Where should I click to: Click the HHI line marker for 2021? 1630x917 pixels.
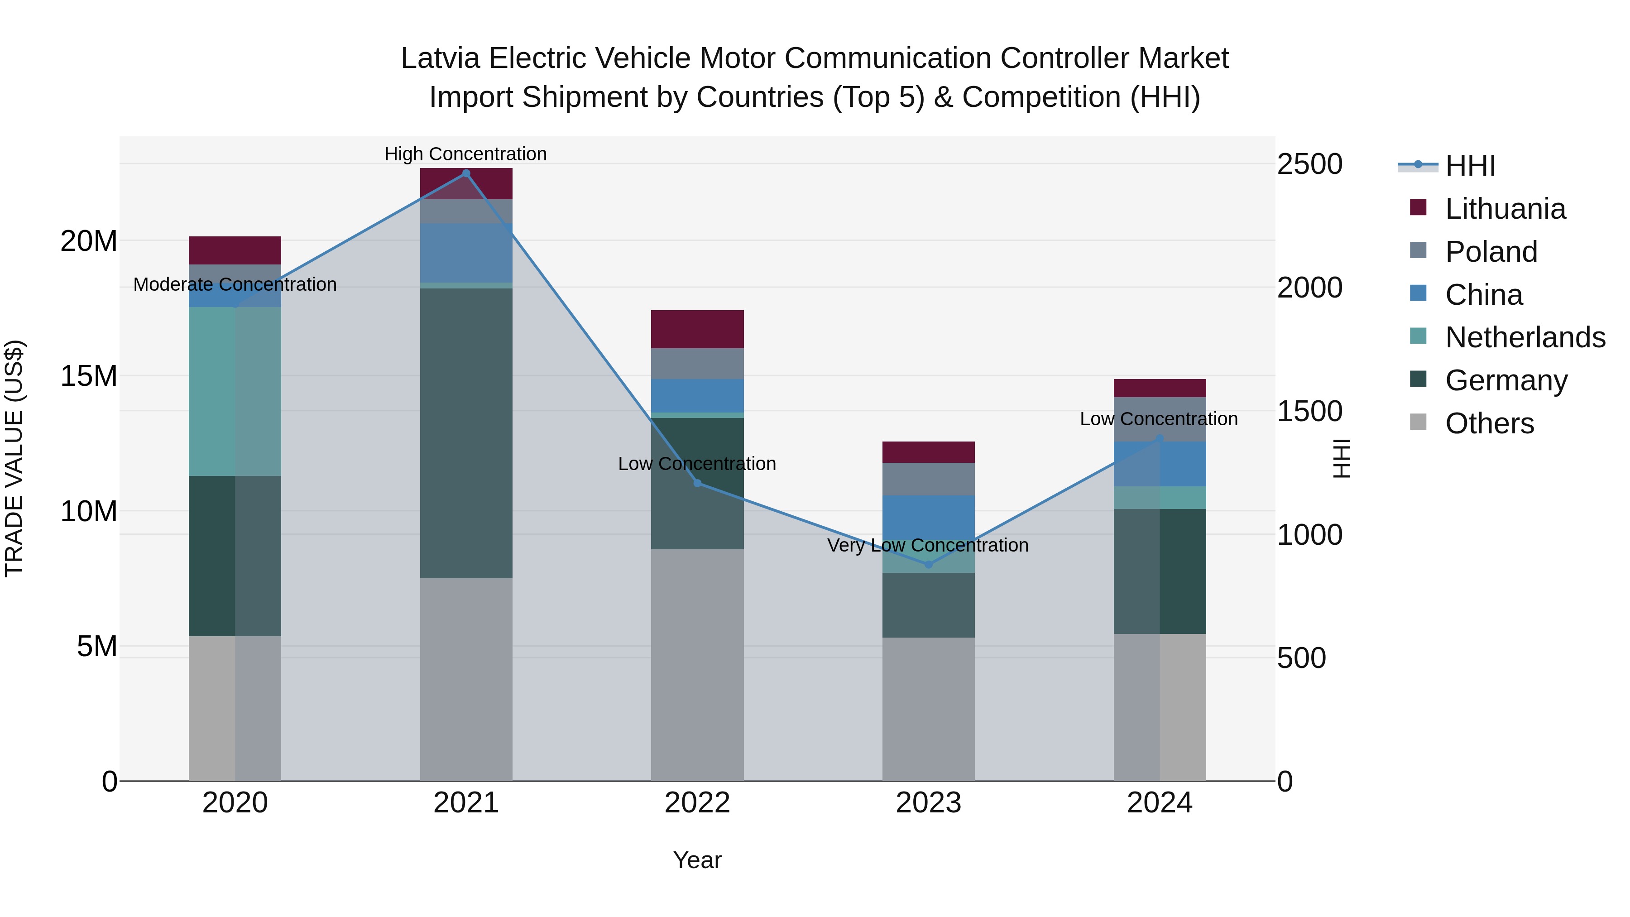pos(466,173)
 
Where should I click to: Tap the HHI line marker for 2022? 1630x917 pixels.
pos(697,483)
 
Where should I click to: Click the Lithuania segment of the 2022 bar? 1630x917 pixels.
pos(697,329)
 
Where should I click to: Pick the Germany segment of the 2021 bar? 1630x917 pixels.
pos(466,433)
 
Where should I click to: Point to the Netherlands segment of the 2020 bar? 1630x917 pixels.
pos(235,391)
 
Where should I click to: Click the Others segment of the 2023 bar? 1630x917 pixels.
pos(928,709)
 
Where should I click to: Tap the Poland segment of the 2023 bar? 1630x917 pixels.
pos(928,479)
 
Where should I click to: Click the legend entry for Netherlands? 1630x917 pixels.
pos(1525,337)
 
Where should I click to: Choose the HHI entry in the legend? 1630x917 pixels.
pos(1470,166)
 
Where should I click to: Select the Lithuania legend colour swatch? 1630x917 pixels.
pos(1418,207)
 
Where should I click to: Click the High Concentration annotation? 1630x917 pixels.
pos(466,154)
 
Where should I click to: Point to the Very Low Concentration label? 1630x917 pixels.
pos(928,545)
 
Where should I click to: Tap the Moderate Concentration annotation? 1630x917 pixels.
pos(235,284)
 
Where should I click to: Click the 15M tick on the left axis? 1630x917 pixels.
pos(89,376)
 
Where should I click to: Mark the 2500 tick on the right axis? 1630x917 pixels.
pos(1309,164)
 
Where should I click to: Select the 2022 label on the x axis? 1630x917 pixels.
pos(697,803)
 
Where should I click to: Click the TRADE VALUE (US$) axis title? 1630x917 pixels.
pos(14,458)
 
